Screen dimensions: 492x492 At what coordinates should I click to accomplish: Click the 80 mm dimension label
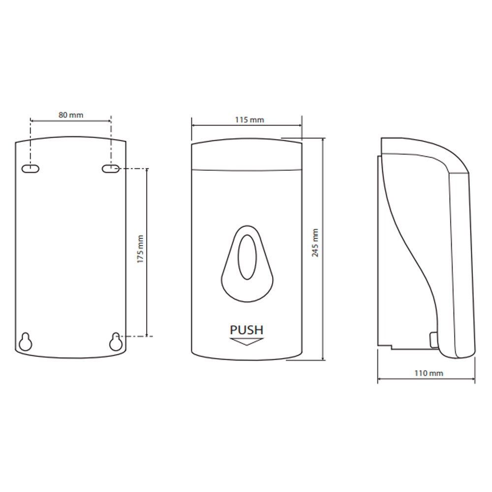tap(71, 115)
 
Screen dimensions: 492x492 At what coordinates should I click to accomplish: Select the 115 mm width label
tap(249, 120)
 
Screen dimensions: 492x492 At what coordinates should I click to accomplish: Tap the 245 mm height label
tap(315, 243)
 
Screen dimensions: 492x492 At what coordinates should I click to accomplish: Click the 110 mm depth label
tap(429, 373)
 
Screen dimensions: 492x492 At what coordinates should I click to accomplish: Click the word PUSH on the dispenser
tap(246, 330)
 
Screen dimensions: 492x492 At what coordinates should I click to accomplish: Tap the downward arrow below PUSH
tap(246, 342)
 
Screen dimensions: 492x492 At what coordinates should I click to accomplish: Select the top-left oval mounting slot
tap(31, 169)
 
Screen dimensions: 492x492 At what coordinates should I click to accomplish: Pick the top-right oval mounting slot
tap(111, 169)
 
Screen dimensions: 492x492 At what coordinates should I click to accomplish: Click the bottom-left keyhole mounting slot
tap(26, 342)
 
